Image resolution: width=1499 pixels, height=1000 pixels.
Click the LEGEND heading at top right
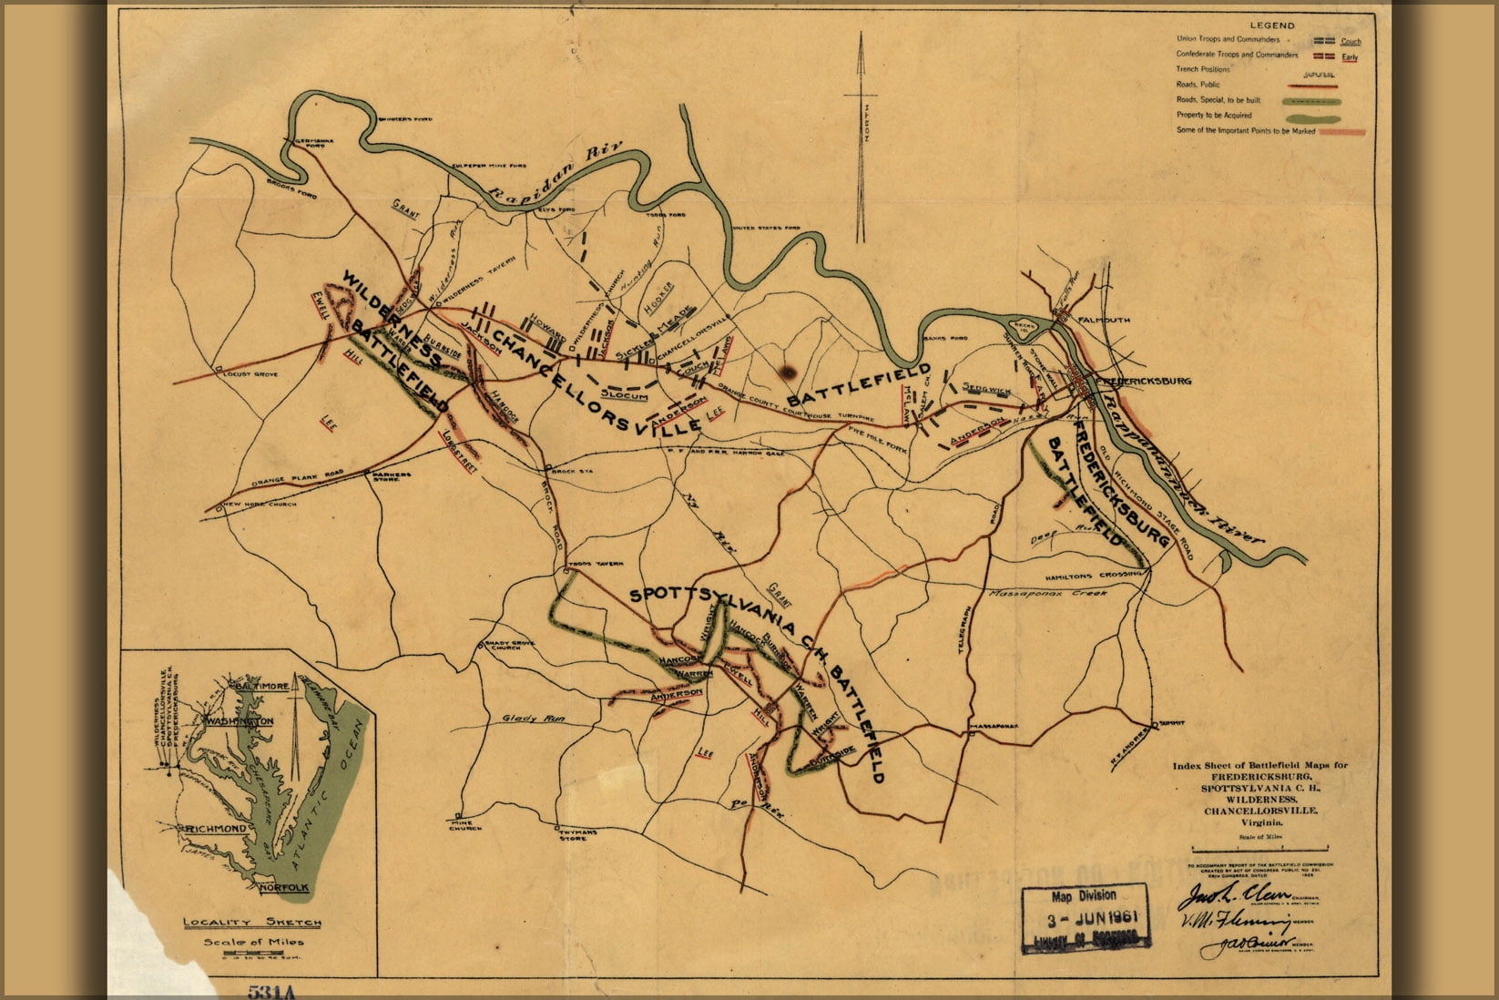click(x=1271, y=26)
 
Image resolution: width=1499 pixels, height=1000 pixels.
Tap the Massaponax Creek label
click(x=1046, y=593)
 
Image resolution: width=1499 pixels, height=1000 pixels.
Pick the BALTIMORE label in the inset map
click(x=259, y=685)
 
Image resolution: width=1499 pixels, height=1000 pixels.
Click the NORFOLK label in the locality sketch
click(x=284, y=887)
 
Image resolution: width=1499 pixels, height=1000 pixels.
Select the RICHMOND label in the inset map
click(x=215, y=829)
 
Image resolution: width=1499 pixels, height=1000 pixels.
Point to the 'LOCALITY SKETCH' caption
click(x=252, y=923)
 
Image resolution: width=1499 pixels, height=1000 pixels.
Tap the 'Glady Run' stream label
click(x=534, y=719)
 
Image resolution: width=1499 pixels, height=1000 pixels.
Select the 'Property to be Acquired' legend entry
click(x=1214, y=116)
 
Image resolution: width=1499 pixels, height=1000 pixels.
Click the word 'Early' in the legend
click(x=1349, y=57)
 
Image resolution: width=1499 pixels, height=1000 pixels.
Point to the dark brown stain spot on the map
click(x=788, y=371)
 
